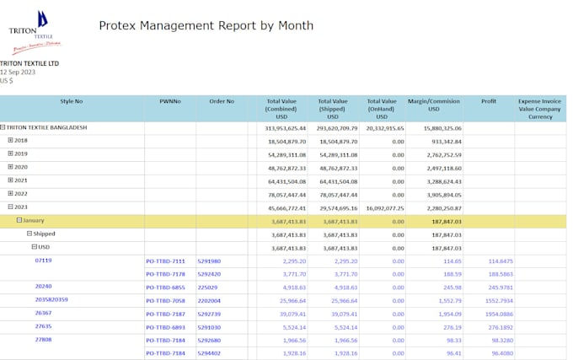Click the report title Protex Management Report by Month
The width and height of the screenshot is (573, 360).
[206, 25]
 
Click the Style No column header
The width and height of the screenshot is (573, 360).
[72, 101]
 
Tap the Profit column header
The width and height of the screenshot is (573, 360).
[489, 101]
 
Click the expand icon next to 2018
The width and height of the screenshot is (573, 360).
[11, 141]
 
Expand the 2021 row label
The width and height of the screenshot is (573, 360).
[21, 180]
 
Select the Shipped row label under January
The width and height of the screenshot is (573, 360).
[44, 234]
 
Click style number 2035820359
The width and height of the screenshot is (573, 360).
[51, 299]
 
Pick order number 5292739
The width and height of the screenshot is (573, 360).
[209, 313]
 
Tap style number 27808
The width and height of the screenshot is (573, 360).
[44, 339]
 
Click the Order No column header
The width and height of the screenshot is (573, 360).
[222, 101]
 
